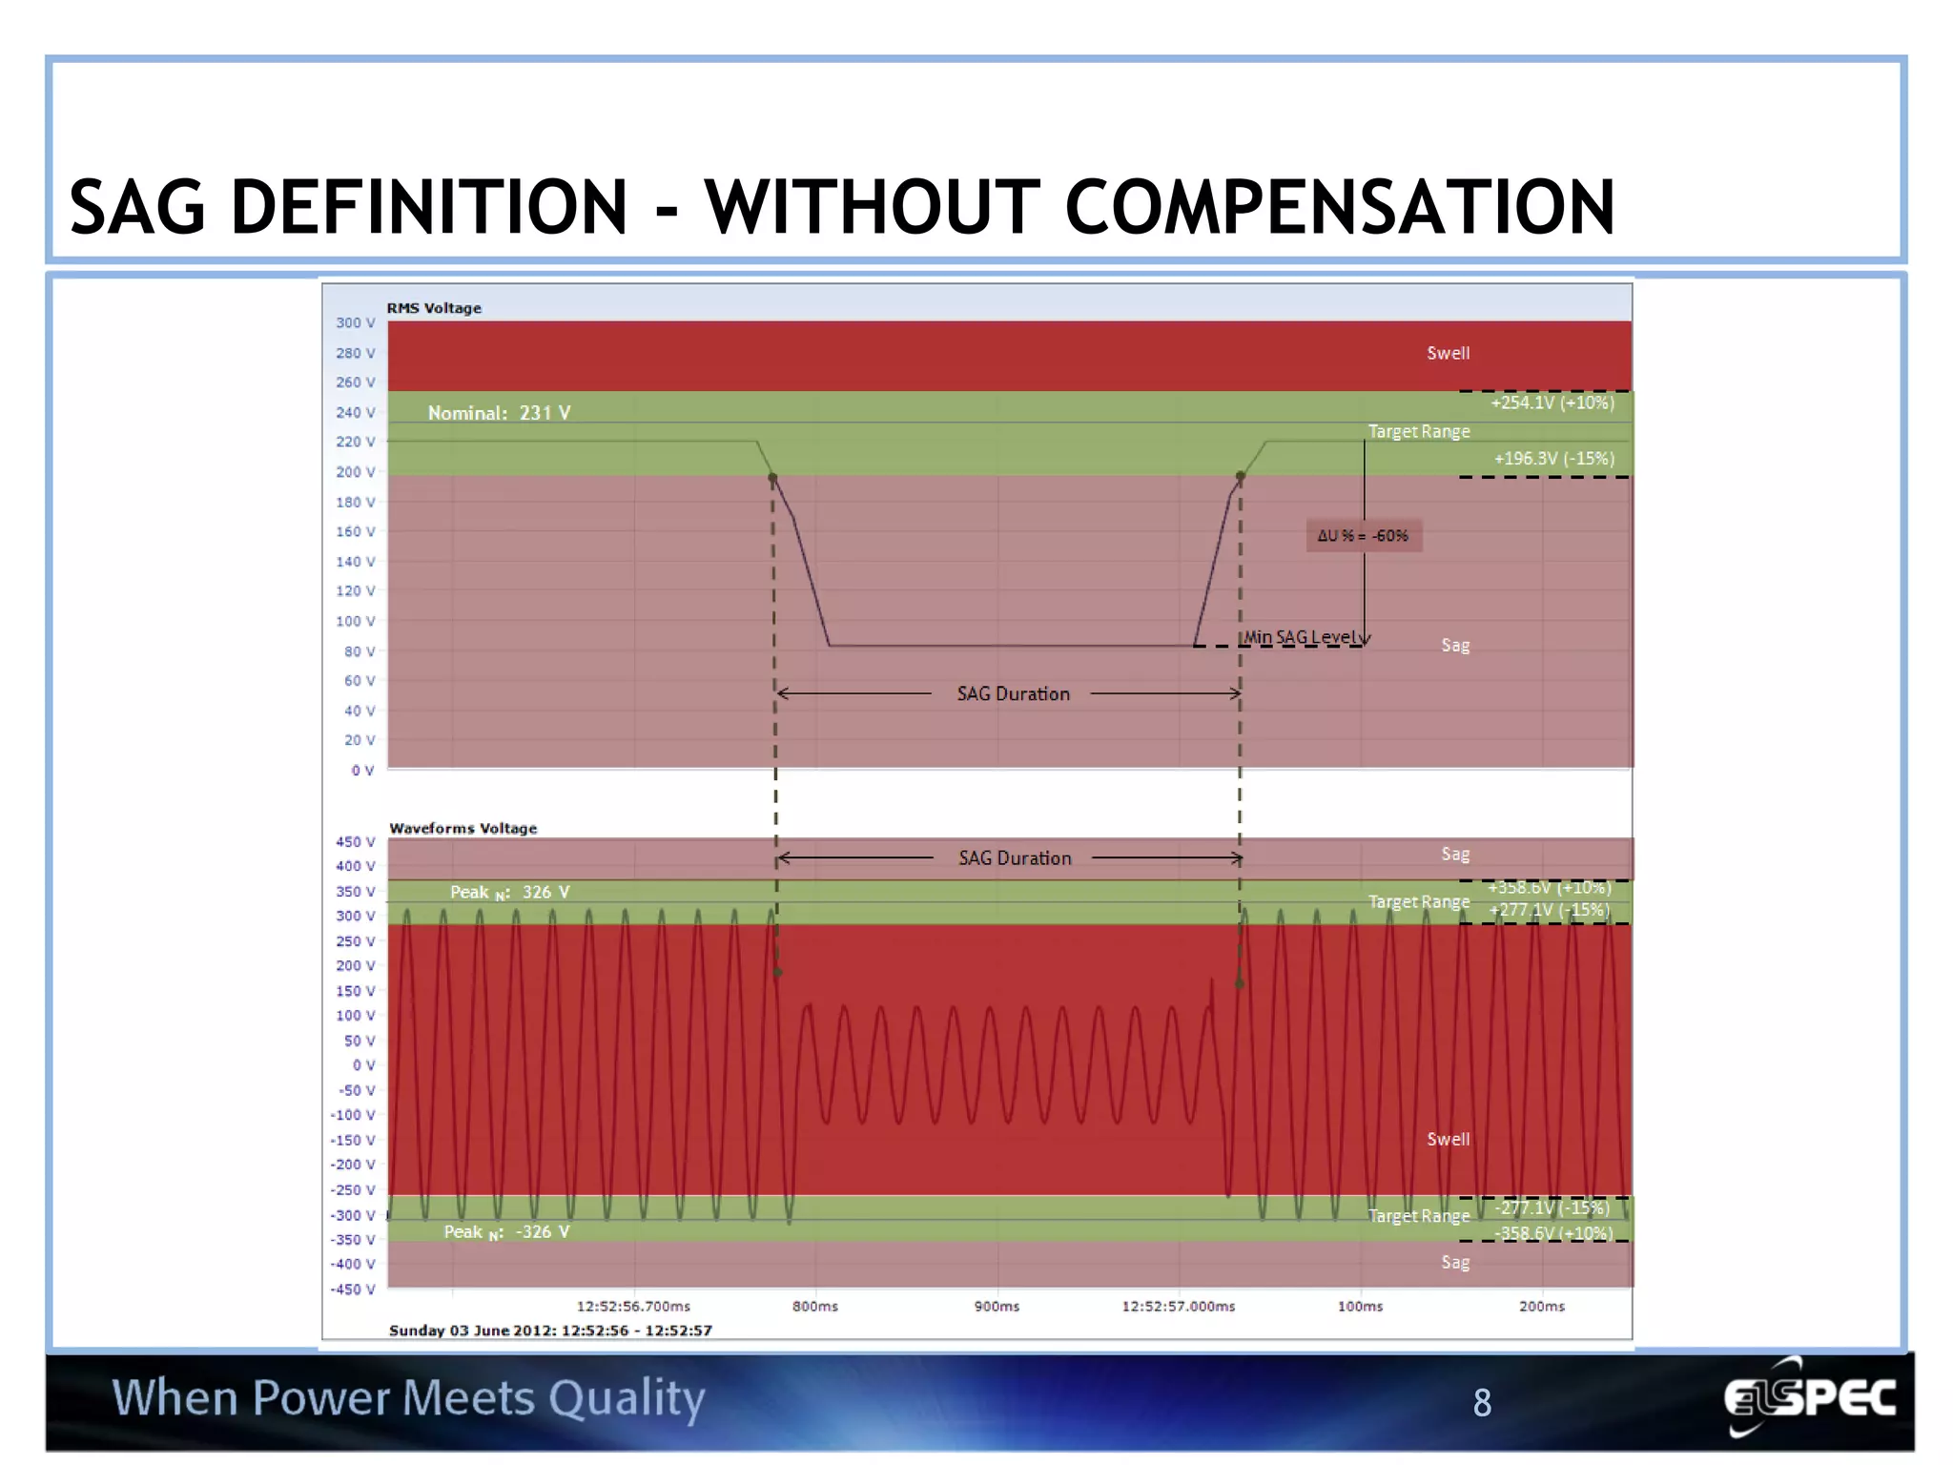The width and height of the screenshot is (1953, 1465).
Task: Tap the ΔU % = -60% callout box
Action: (1363, 536)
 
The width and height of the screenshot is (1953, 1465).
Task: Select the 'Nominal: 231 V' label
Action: (499, 413)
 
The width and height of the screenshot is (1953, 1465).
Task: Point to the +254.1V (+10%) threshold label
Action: (1552, 402)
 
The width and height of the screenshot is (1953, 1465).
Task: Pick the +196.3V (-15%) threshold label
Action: (1553, 459)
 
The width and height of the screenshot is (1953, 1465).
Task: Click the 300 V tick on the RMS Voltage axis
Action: (355, 323)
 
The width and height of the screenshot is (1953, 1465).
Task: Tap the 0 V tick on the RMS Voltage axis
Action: (362, 771)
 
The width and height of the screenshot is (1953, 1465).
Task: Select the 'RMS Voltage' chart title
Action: (434, 308)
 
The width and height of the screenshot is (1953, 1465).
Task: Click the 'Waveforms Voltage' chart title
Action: (463, 829)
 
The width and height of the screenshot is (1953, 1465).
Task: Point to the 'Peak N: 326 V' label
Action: (509, 893)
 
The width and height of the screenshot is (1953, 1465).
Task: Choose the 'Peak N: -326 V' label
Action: (506, 1232)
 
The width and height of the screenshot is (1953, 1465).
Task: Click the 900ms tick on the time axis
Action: (997, 1307)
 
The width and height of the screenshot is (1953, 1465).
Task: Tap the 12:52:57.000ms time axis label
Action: (1178, 1307)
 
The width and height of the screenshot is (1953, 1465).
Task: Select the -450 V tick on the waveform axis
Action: (353, 1290)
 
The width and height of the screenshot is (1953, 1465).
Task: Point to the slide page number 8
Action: (1482, 1403)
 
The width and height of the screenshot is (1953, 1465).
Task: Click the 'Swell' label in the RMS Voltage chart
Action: (1448, 353)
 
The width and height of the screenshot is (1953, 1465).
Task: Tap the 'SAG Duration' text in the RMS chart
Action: (1013, 694)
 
